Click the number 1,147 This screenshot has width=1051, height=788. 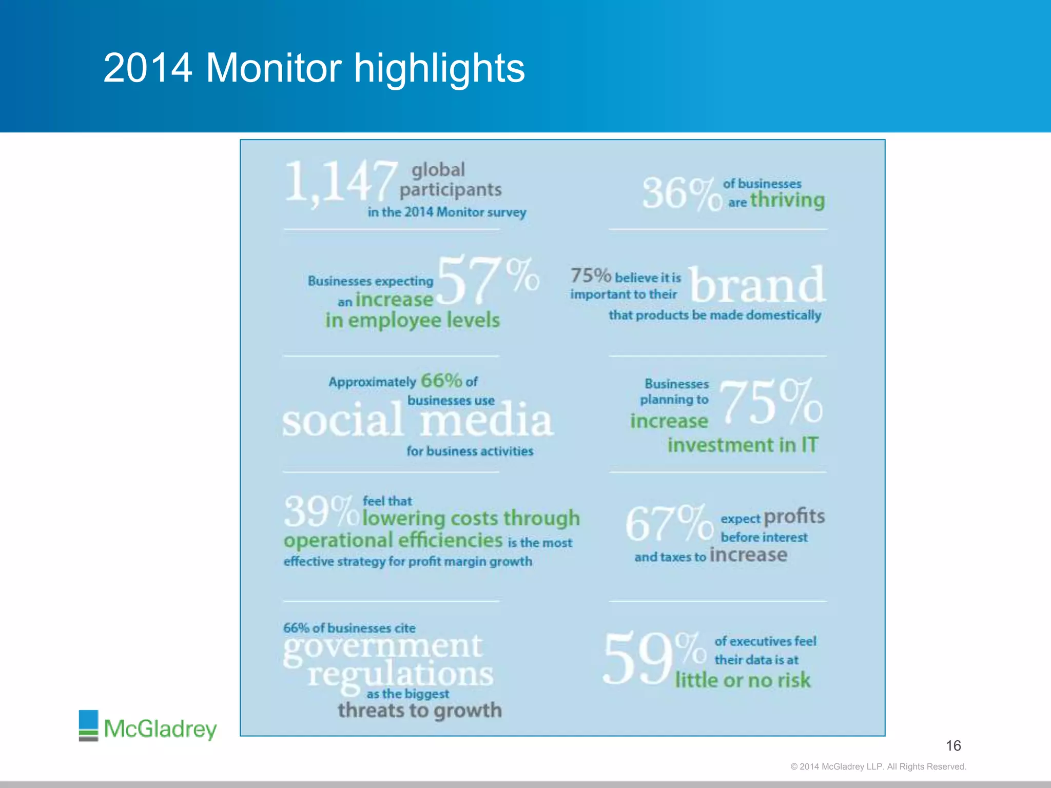341,182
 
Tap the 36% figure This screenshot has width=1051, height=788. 682,194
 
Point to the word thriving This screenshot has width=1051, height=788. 787,200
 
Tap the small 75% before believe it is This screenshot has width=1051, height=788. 591,275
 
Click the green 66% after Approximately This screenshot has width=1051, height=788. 441,381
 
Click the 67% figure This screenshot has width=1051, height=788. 669,523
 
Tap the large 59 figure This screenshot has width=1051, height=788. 638,659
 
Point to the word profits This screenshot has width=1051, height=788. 794,517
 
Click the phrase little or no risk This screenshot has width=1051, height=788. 742,680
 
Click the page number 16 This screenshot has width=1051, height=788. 953,745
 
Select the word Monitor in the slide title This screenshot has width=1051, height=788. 274,68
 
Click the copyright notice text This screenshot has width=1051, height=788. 878,766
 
